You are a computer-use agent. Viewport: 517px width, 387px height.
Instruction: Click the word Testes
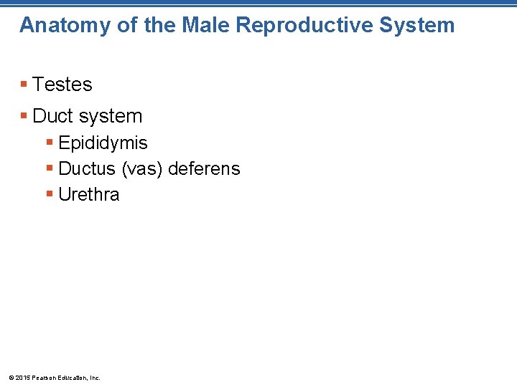[62, 85]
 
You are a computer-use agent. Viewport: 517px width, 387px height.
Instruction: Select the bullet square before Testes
[24, 85]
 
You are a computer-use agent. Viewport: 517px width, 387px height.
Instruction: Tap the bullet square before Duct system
[24, 115]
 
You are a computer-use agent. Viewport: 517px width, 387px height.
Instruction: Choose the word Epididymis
[103, 143]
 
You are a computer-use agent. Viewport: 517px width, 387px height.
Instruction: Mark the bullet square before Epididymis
[50, 143]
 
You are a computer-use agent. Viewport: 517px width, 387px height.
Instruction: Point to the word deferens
[204, 168]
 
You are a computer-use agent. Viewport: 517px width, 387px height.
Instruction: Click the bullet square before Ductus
[50, 169]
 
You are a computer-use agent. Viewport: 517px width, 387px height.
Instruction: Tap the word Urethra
[89, 194]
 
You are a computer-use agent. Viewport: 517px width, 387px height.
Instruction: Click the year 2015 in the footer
[22, 378]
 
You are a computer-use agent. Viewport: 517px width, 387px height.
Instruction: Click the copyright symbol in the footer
[10, 378]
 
